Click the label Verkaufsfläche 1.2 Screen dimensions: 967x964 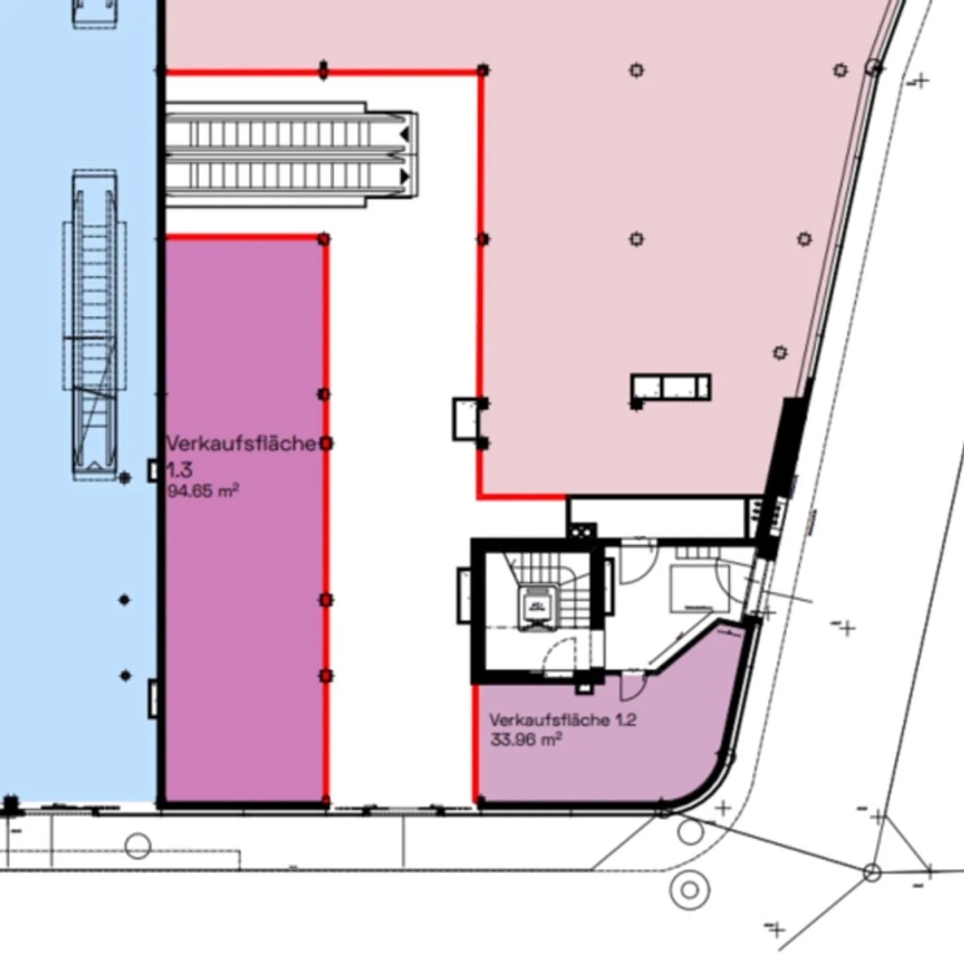point(562,720)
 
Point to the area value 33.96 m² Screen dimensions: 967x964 point(526,740)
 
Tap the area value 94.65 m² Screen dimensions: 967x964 point(203,491)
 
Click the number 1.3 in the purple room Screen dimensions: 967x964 point(179,469)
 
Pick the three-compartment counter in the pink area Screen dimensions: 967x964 point(671,387)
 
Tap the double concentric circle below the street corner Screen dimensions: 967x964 point(689,890)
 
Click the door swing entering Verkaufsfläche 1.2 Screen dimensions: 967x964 point(631,685)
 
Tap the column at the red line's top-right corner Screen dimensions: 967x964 point(483,70)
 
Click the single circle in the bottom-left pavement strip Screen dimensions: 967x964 point(138,846)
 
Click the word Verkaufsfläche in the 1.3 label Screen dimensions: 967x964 point(240,443)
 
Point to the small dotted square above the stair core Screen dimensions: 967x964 point(581,531)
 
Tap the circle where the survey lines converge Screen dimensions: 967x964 point(871,873)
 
